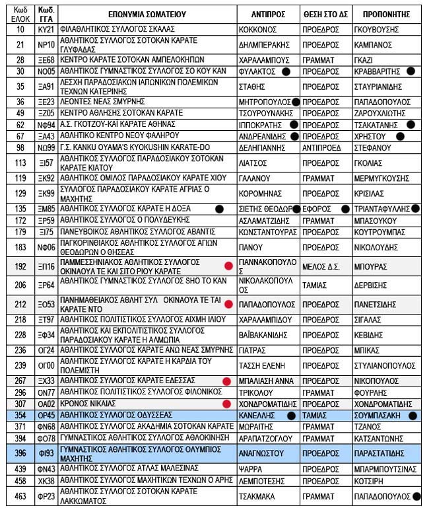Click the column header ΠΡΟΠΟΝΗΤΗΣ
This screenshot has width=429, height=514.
pos(386,13)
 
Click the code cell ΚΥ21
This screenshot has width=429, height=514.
pos(46,30)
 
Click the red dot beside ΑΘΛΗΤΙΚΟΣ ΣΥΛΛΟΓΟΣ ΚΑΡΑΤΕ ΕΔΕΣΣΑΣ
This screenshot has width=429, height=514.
pos(226,381)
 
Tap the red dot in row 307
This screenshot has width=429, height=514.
pos(226,403)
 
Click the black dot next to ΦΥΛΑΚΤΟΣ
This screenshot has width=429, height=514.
pos(286,71)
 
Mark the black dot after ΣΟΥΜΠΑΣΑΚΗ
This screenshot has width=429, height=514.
pos(412,416)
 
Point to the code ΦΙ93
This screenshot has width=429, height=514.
pos(46,453)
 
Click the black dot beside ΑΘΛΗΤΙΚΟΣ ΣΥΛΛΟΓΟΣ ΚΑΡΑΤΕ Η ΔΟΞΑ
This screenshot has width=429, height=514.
pos(219,209)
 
